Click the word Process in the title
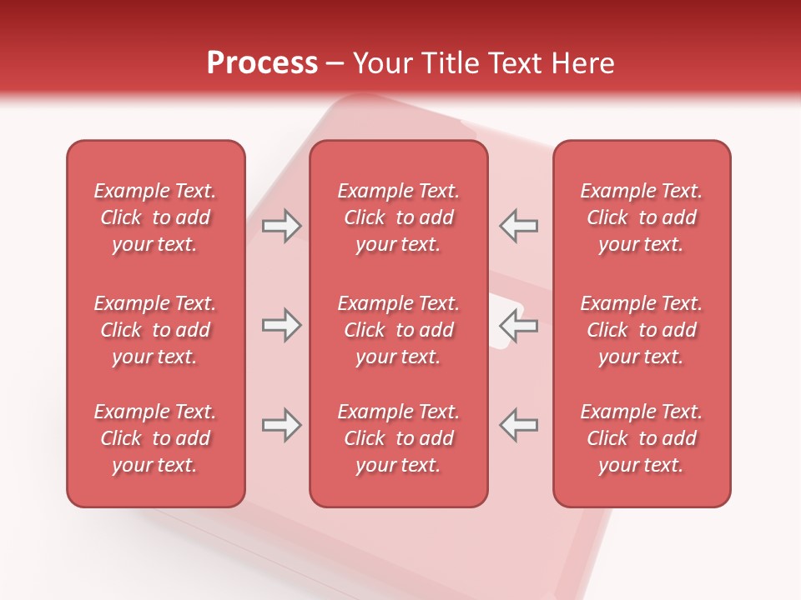(x=262, y=63)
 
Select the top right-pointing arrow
(x=281, y=226)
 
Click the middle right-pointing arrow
(x=281, y=325)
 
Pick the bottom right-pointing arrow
(x=281, y=425)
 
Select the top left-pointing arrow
(x=519, y=226)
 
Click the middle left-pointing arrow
(x=519, y=325)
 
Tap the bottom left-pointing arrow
(x=519, y=425)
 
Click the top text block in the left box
(x=155, y=217)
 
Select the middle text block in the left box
(x=155, y=330)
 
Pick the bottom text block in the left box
(x=155, y=438)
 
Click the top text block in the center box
(x=399, y=217)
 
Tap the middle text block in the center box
(x=399, y=330)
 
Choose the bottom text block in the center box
(x=399, y=438)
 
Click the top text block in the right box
(x=642, y=217)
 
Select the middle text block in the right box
(x=642, y=330)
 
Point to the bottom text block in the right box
(x=642, y=438)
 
